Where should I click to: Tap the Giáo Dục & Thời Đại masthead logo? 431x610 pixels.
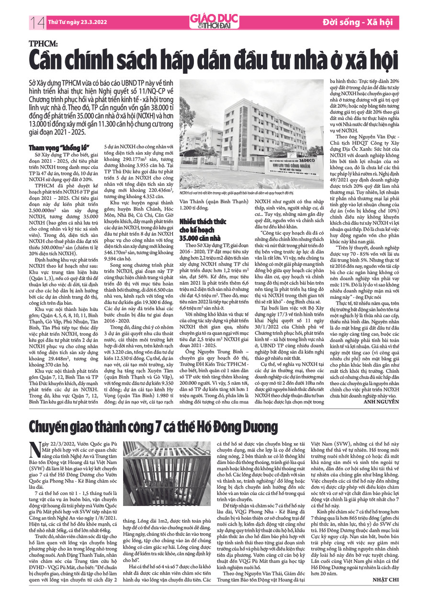[x=214, y=21]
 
